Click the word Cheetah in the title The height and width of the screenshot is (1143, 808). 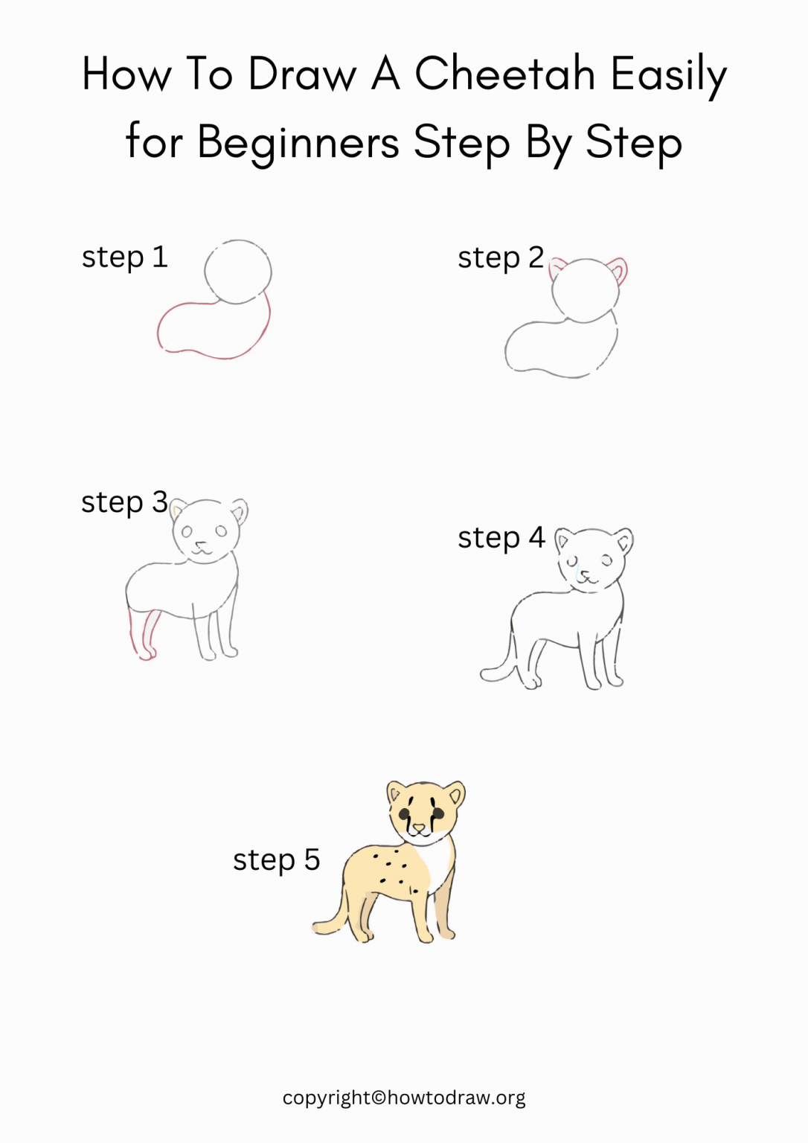point(504,74)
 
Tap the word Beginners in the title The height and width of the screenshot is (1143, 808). point(298,142)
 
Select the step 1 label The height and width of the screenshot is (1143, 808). point(124,257)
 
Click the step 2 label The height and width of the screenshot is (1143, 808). point(500,258)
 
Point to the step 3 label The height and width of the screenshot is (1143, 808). point(124,502)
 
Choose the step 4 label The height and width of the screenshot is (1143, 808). point(501,537)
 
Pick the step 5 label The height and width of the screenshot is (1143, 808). point(276,860)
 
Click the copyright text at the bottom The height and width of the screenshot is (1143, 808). point(403,1098)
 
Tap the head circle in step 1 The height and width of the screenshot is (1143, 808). point(237,271)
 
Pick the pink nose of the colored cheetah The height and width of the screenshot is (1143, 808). point(419,827)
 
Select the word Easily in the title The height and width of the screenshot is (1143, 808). point(668,74)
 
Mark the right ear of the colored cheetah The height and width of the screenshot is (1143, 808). point(455,795)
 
